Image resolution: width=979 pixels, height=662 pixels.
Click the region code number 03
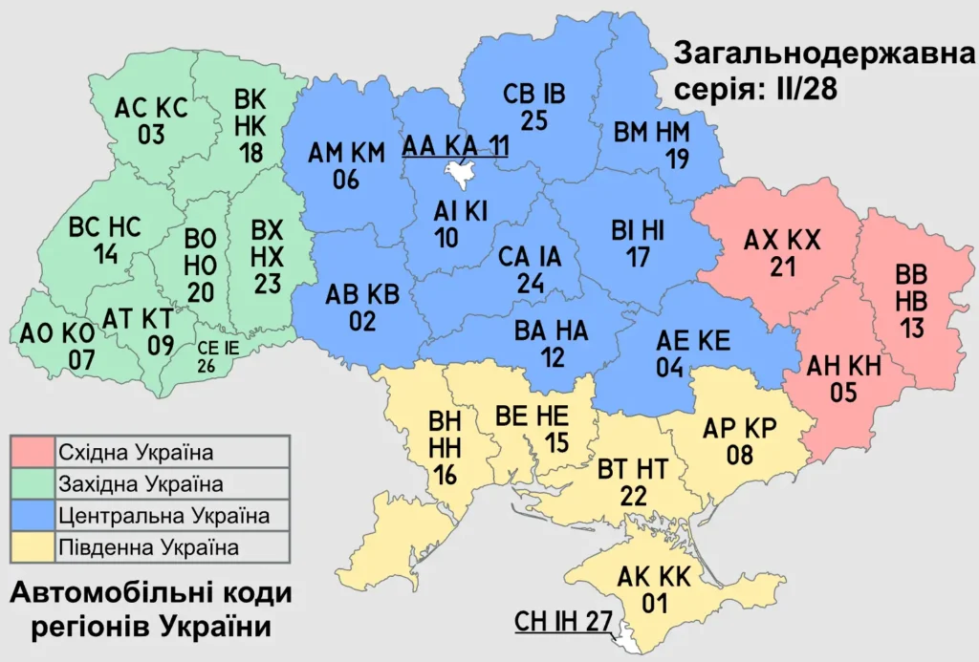(x=151, y=135)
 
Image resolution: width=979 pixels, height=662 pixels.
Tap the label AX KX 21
(x=782, y=253)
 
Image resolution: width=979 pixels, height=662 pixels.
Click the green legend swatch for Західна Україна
(x=33, y=483)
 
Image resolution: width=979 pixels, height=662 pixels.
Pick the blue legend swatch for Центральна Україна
(x=33, y=516)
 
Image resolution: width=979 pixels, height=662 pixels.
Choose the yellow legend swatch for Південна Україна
(x=33, y=547)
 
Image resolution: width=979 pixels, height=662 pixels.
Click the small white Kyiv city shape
(x=462, y=174)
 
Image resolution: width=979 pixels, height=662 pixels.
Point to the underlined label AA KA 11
(x=455, y=144)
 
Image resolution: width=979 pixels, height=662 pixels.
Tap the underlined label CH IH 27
(x=563, y=622)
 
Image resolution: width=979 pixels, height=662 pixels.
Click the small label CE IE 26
(x=217, y=355)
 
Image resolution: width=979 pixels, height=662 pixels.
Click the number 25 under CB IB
(x=533, y=119)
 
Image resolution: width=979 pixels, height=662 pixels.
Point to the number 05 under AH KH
(x=843, y=392)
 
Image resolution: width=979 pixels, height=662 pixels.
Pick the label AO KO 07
(x=55, y=347)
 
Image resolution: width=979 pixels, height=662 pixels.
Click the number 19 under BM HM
(x=677, y=159)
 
